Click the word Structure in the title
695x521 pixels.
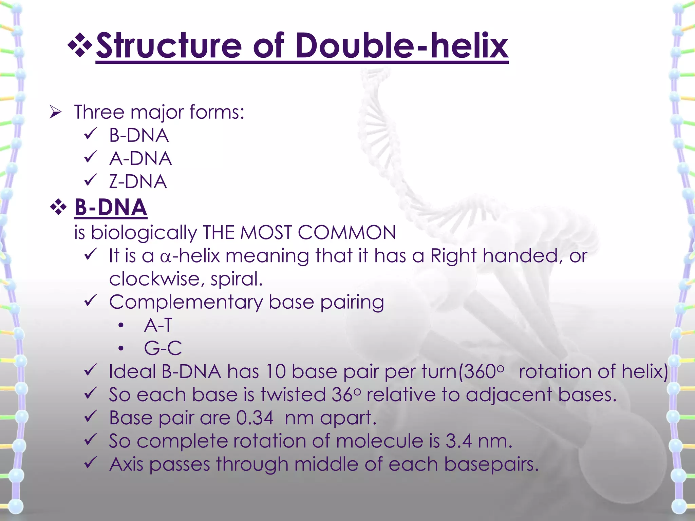169,46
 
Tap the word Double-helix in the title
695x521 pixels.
401,46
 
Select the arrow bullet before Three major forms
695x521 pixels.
55,112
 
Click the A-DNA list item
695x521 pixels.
140,159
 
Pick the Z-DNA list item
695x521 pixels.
138,182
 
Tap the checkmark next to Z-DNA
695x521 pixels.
91,180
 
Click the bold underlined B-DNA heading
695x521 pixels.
111,207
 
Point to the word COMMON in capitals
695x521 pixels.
346,233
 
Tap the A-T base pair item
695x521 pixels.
158,325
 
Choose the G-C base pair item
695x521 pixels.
163,348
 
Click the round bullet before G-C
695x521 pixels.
121,348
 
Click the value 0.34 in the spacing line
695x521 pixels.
255,418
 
